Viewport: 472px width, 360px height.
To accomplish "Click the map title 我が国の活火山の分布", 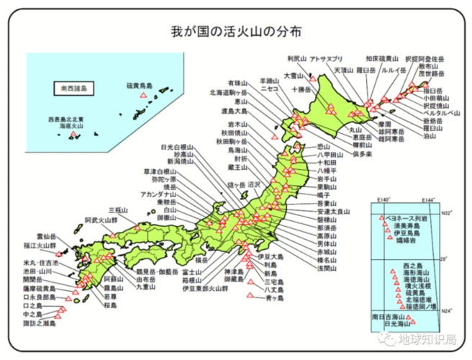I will (237, 31).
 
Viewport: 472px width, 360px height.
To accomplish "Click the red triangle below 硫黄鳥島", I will (144, 96).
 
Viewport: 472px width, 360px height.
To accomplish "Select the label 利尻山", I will (296, 59).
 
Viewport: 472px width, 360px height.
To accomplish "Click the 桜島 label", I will (111, 305).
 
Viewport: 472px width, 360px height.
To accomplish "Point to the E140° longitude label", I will (383, 199).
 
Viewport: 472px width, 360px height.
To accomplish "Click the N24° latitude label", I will (447, 310).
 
